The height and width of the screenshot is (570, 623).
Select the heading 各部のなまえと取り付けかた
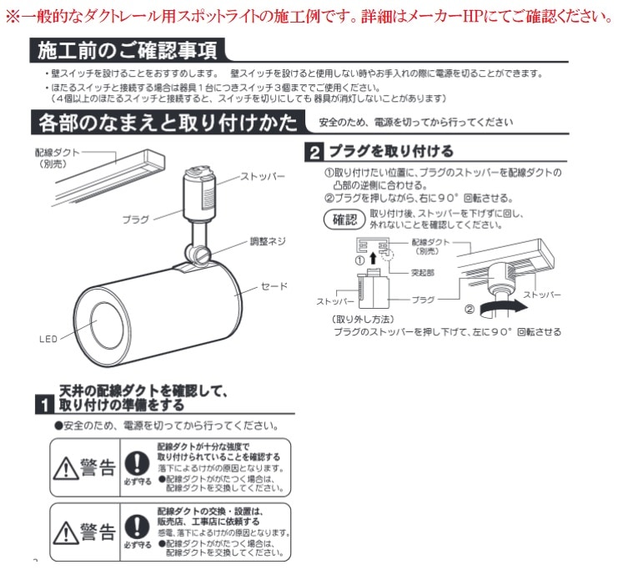[167, 124]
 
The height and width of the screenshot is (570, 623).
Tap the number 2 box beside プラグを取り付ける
[314, 153]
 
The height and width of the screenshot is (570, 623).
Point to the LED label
[48, 339]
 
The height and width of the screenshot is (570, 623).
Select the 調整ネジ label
[268, 241]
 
